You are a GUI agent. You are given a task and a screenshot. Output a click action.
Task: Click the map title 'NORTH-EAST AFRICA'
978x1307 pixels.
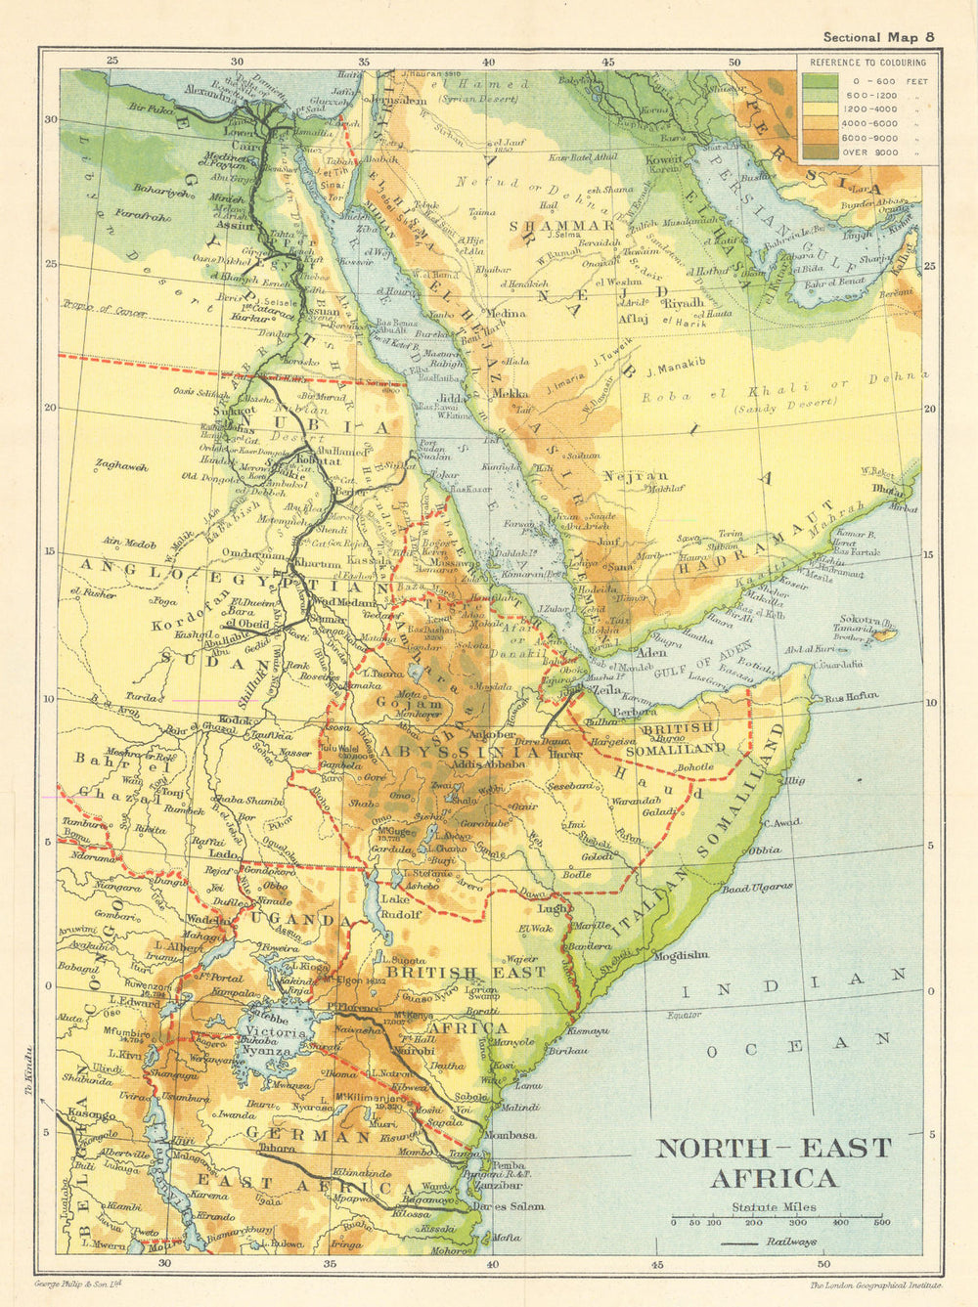pos(773,1162)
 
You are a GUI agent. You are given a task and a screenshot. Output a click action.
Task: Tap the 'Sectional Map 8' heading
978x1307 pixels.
pos(878,37)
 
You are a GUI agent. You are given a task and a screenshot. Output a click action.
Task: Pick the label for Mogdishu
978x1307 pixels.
pos(678,955)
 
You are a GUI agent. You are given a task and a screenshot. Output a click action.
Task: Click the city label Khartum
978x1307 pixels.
pos(317,564)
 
